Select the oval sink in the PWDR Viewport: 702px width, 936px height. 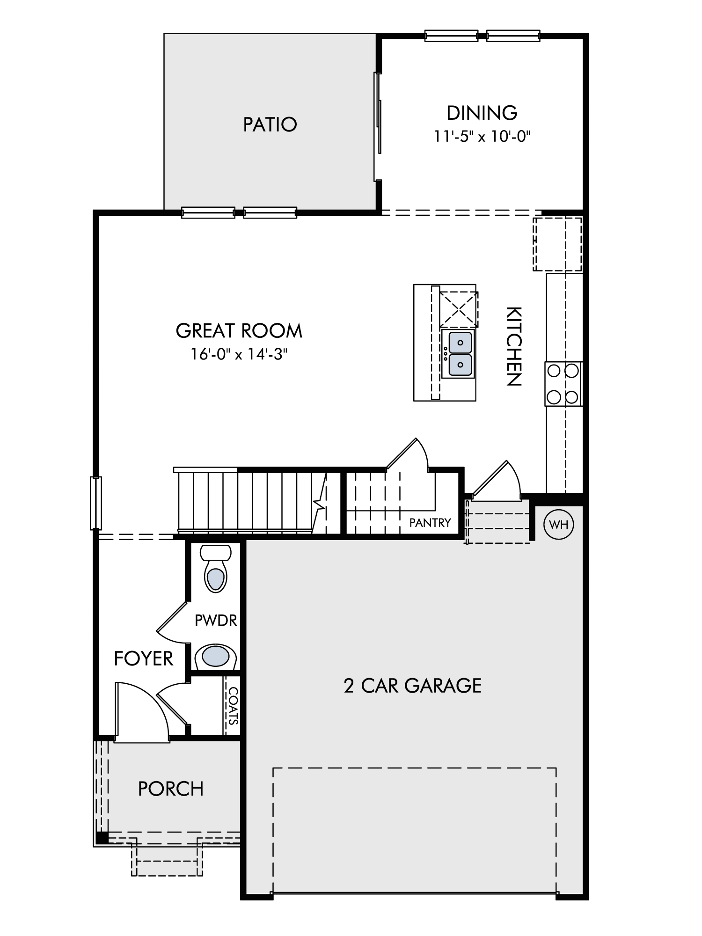[215, 657]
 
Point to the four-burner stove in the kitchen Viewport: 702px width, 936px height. [563, 384]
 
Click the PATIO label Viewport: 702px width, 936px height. [270, 124]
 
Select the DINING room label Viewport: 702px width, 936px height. [482, 113]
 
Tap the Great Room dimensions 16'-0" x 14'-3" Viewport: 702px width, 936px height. [238, 354]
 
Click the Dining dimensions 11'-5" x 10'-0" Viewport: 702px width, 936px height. [482, 137]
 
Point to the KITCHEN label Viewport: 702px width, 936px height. [514, 346]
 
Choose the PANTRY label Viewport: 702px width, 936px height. [430, 523]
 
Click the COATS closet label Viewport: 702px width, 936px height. [233, 705]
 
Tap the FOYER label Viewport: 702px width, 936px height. [144, 659]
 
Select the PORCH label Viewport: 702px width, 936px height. [171, 789]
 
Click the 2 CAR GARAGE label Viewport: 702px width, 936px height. [413, 686]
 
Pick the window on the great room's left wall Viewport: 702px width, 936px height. [95, 503]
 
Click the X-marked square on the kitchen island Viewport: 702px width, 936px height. [459, 309]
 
